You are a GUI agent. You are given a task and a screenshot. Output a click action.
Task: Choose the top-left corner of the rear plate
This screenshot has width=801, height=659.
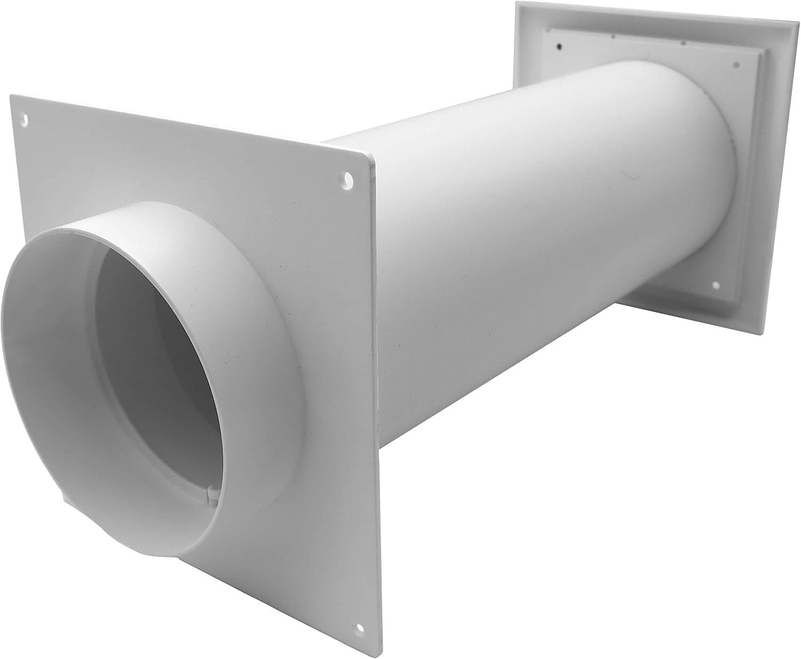(517, 3)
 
